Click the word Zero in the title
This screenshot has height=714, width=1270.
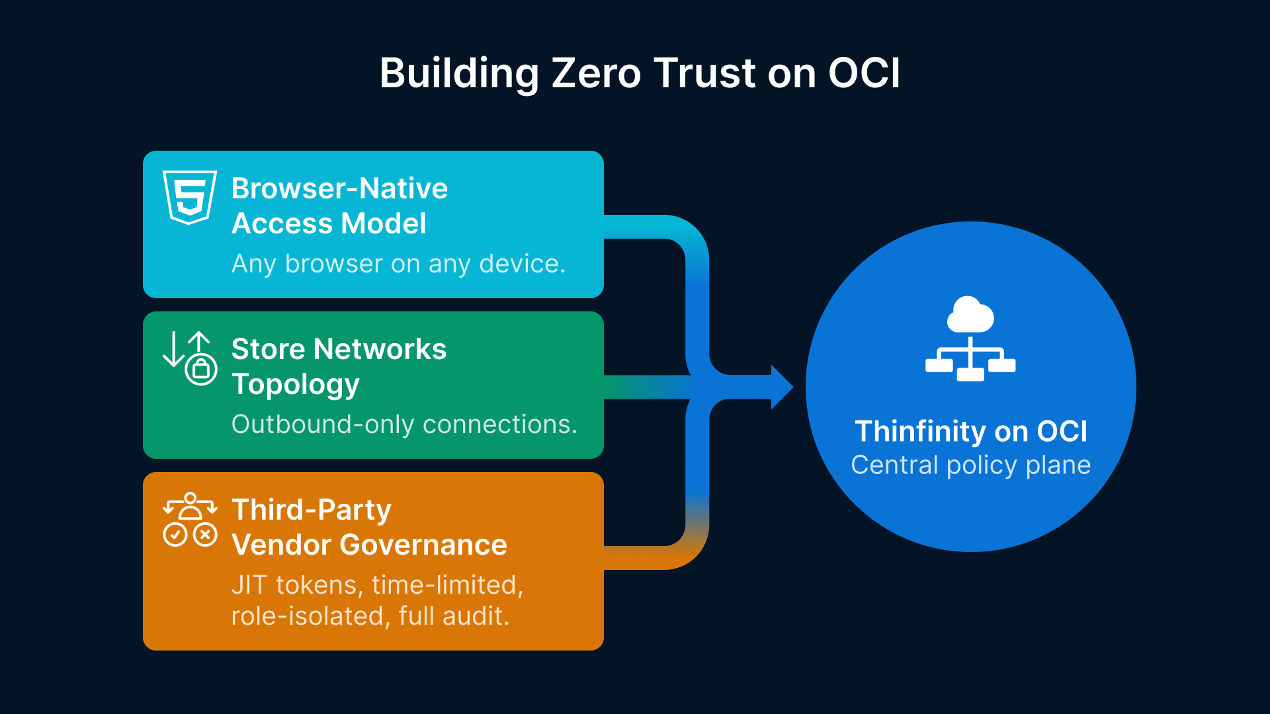coord(596,73)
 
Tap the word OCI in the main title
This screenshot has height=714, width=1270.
coord(864,73)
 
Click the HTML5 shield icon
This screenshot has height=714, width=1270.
coord(190,197)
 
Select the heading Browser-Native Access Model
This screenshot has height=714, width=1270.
coord(339,206)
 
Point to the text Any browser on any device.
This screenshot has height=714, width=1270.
coord(398,264)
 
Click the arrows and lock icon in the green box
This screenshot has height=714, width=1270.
coord(190,358)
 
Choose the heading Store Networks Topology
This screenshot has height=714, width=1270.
coord(339,366)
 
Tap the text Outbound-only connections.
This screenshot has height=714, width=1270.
coord(404,424)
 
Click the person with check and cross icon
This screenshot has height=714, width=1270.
coord(190,520)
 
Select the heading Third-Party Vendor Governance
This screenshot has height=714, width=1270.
coord(369,527)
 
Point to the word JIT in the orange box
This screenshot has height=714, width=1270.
coord(249,585)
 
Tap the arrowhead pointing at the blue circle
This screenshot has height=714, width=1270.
coord(782,387)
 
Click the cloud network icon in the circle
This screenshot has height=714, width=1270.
coord(970,338)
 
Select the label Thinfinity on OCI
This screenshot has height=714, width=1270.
coord(970,431)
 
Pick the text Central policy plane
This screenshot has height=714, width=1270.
coord(970,465)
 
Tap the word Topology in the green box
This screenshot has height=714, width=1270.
coord(296,385)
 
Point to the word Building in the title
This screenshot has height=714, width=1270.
coord(459,73)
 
